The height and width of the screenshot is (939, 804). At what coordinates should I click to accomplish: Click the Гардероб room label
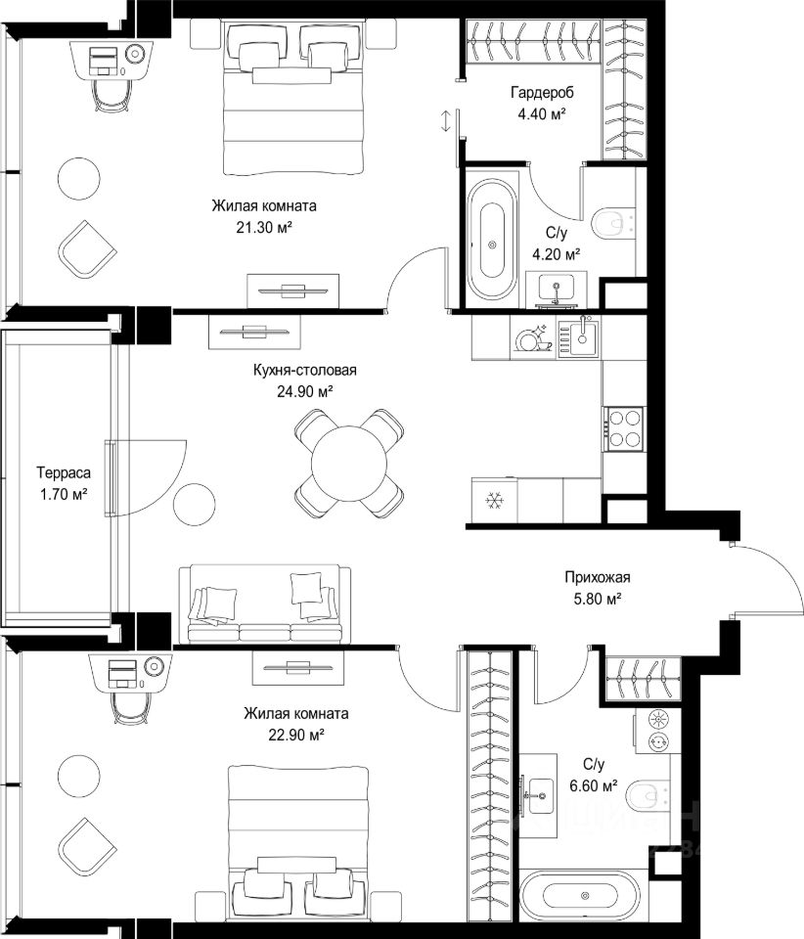point(542,93)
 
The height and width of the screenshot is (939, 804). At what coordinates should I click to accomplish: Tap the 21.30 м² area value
point(264,228)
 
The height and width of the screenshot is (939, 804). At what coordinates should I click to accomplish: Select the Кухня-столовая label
point(305,370)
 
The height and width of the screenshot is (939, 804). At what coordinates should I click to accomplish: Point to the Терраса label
point(64,473)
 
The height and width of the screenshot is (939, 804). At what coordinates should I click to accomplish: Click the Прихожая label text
point(598,577)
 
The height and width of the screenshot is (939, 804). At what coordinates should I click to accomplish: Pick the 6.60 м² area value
point(594,785)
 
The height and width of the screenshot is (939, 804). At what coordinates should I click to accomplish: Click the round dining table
point(349,463)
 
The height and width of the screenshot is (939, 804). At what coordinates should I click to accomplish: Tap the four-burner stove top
point(625,428)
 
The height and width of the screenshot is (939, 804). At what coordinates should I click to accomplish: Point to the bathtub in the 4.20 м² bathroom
point(492,240)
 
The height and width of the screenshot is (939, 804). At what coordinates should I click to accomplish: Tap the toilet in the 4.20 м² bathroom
point(612,223)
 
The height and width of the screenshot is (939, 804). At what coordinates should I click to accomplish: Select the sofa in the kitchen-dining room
point(265,604)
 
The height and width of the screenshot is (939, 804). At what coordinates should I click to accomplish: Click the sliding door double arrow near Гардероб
point(445,121)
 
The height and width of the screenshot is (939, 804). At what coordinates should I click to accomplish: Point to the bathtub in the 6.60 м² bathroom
point(580,896)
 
